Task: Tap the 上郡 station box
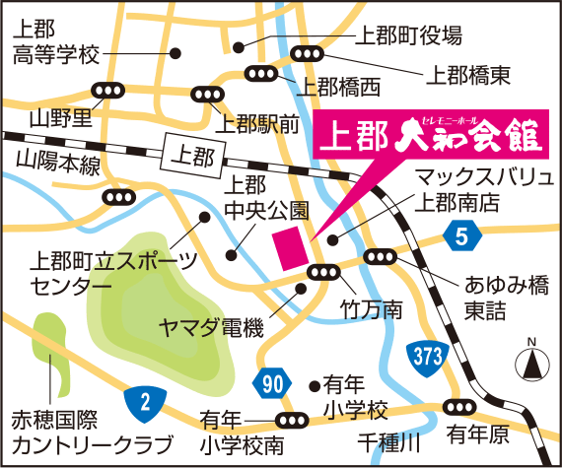pos(190,155)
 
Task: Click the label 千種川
pos(388,438)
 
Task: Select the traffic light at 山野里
pos(105,90)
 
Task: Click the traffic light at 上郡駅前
pos(205,95)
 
